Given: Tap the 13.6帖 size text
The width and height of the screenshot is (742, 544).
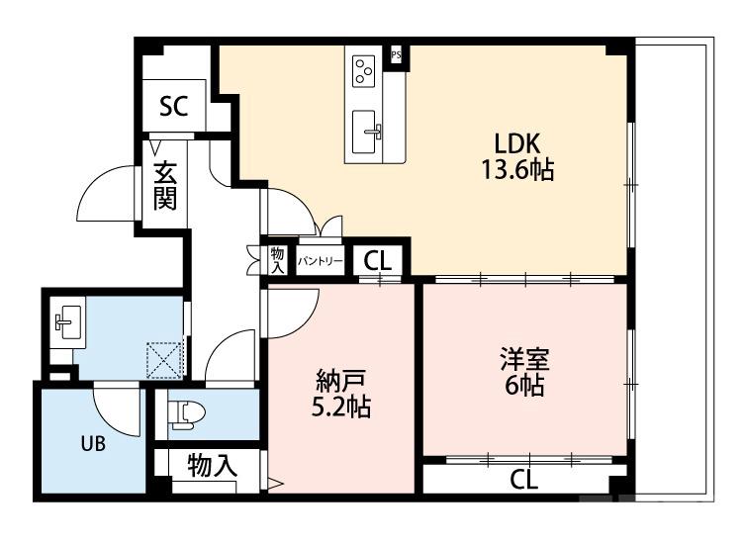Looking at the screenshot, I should [516, 169].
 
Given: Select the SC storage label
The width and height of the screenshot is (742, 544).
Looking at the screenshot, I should [174, 107].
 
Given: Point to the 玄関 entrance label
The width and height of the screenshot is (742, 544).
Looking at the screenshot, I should [165, 185].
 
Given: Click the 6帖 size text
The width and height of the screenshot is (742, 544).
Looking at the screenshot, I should [523, 385].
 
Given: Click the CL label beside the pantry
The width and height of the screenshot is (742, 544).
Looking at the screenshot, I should [377, 261].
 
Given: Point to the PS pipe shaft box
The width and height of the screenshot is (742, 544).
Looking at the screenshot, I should [396, 54].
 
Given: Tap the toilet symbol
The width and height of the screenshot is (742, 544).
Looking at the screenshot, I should [184, 412].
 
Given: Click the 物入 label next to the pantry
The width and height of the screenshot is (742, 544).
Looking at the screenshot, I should [277, 260].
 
